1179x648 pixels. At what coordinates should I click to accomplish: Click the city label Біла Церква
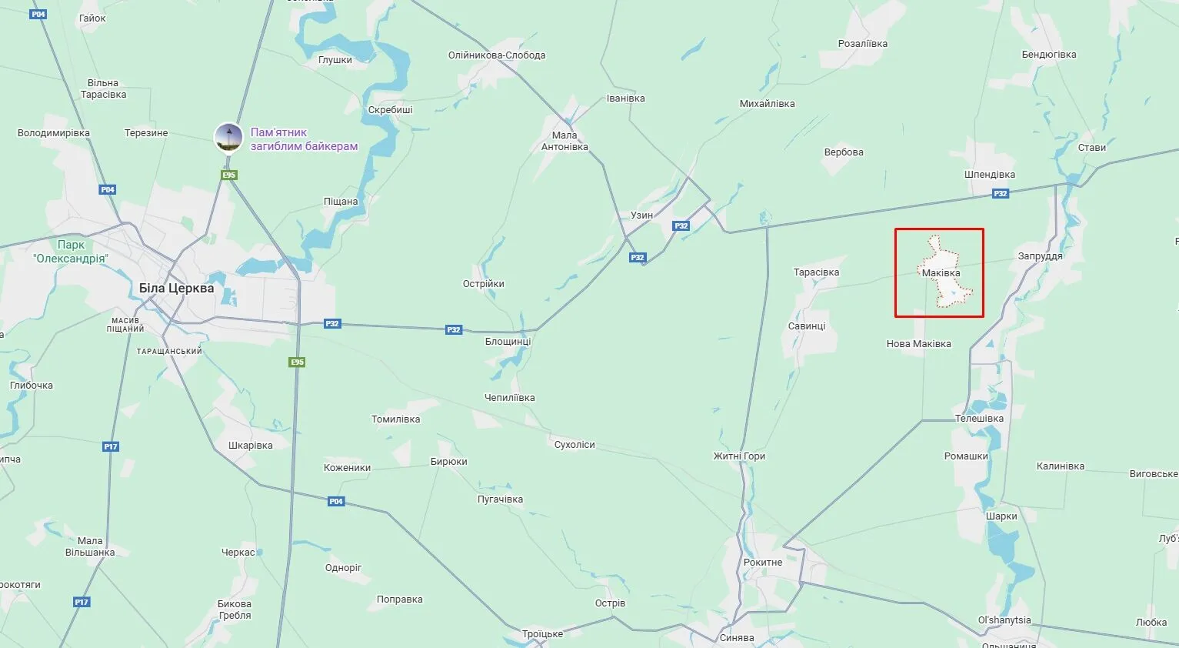pos(176,288)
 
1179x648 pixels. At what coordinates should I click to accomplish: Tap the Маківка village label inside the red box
pos(941,272)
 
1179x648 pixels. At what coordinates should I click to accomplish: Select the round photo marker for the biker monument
pos(228,138)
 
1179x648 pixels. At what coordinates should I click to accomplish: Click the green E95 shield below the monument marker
pos(228,175)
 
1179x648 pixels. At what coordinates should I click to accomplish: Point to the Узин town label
pos(641,215)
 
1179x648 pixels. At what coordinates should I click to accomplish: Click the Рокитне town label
pos(762,563)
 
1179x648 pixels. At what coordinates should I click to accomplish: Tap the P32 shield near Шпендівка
pos(1000,194)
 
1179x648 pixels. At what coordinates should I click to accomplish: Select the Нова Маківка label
pos(918,344)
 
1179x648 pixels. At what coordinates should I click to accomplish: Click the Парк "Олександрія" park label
pos(71,252)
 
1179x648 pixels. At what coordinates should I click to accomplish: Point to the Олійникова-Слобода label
pos(497,55)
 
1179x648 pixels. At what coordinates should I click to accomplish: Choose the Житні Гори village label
pos(739,456)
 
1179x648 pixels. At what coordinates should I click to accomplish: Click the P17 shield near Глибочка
pos(111,446)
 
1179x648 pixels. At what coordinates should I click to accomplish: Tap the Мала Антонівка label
pos(565,141)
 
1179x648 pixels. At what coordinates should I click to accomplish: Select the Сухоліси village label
pos(575,445)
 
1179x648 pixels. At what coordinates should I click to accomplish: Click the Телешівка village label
pos(979,419)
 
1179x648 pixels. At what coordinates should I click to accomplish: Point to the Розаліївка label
pos(862,44)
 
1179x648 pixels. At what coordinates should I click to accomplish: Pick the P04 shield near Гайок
pos(38,15)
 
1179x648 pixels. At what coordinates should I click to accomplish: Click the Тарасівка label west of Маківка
pos(816,272)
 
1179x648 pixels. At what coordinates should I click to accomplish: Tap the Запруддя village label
pos(1040,256)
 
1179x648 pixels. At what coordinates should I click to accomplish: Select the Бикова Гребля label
pos(235,610)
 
